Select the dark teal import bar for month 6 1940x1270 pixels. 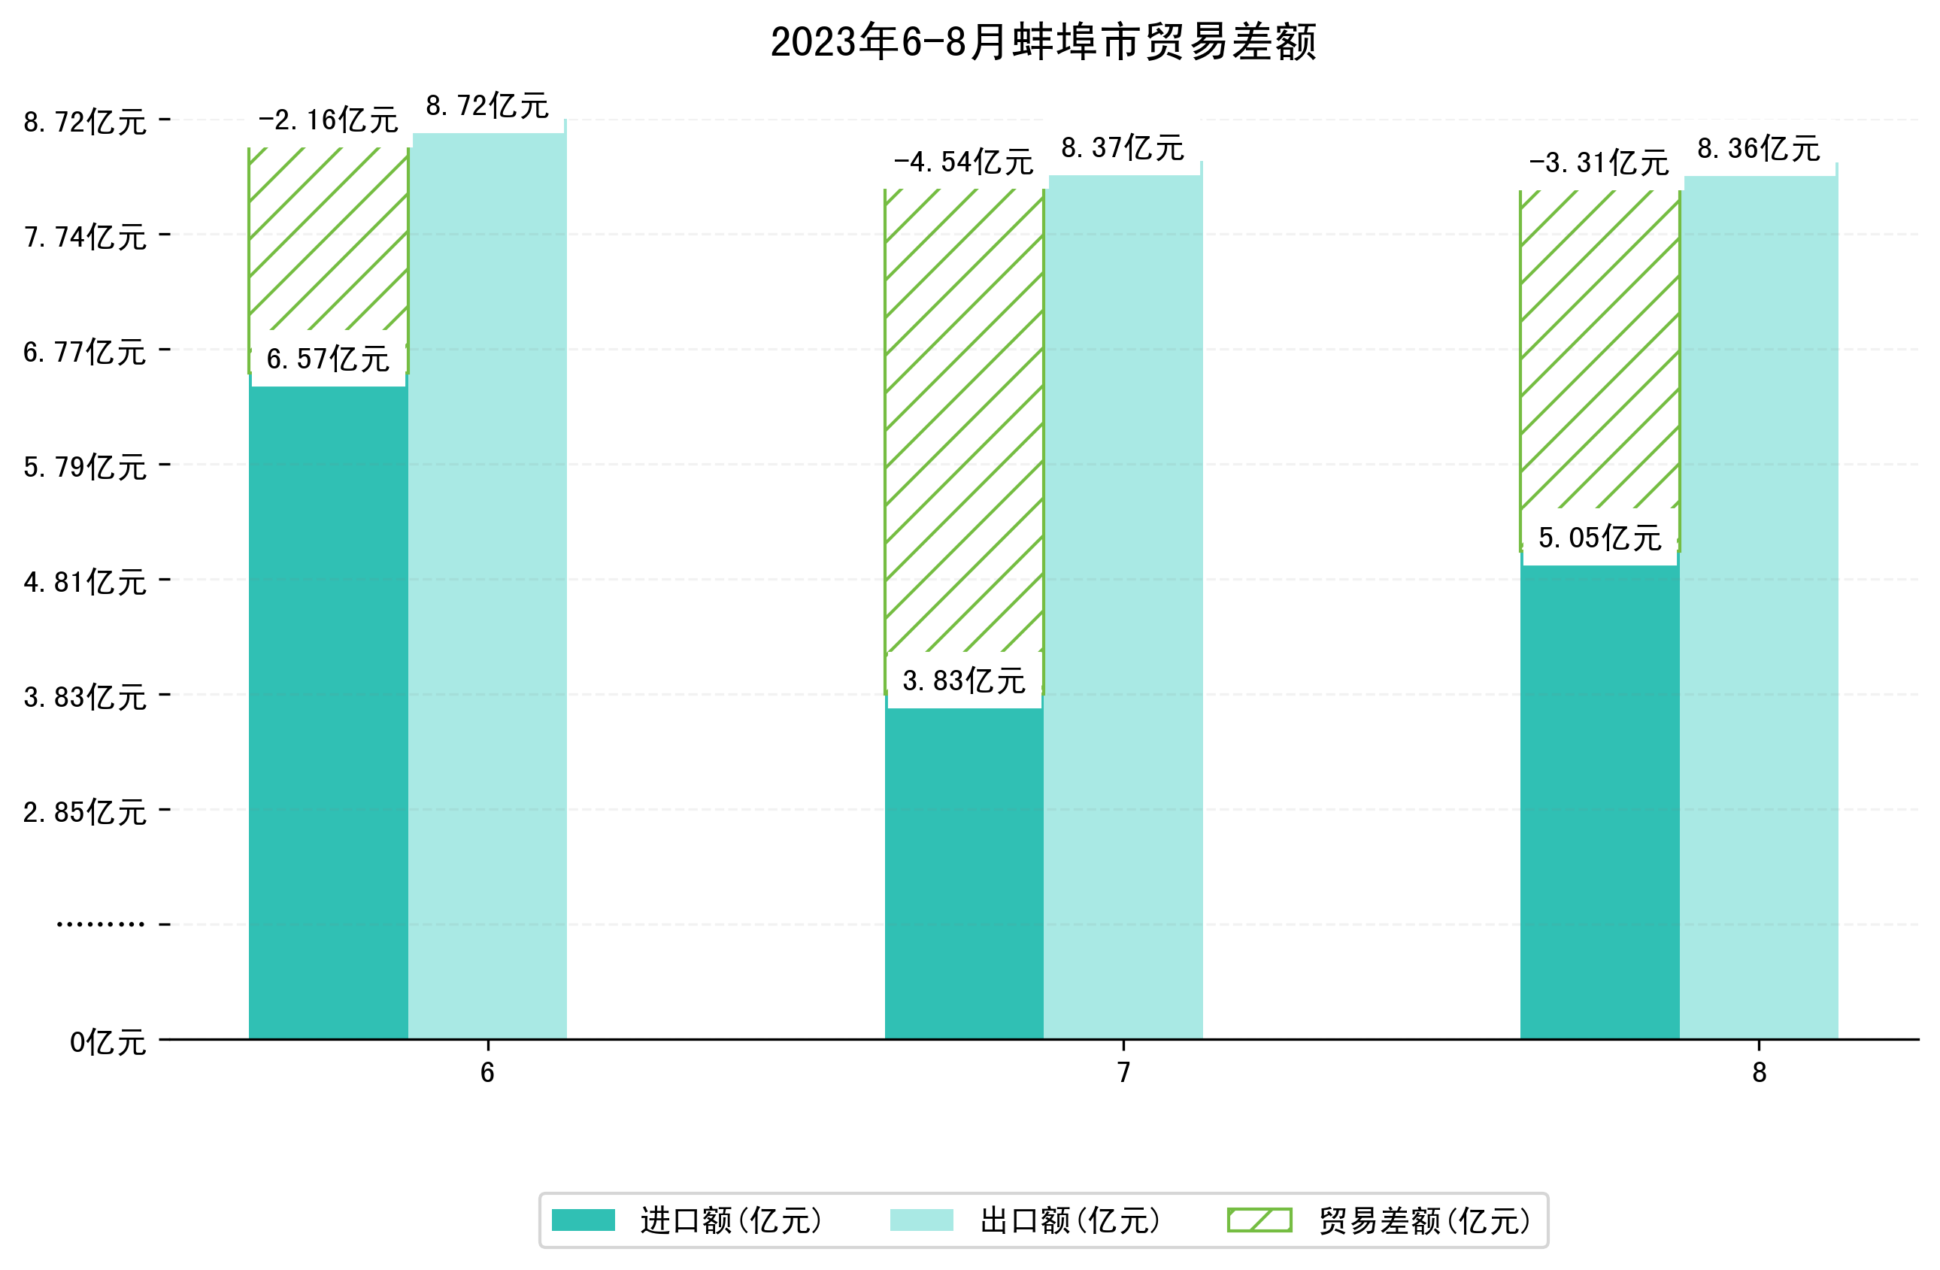(x=328, y=709)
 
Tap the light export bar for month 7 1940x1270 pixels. (x=1123, y=603)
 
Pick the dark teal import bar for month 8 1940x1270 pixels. (x=1599, y=799)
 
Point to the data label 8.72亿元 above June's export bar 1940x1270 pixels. (x=487, y=106)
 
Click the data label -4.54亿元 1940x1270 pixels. (x=963, y=162)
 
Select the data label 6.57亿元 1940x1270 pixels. (x=328, y=359)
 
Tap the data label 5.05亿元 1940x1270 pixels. (x=1599, y=538)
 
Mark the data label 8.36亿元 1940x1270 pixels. (x=1758, y=148)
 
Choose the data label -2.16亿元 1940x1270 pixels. (x=328, y=120)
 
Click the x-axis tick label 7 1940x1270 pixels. (x=1123, y=1073)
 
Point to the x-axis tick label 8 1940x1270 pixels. (x=1759, y=1073)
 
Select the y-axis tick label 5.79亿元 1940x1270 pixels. (x=85, y=467)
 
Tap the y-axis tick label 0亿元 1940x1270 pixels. (x=108, y=1041)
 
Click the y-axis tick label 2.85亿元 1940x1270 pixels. (x=85, y=812)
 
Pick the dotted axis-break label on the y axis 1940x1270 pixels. (x=100, y=924)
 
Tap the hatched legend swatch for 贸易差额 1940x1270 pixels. (x=1259, y=1220)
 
